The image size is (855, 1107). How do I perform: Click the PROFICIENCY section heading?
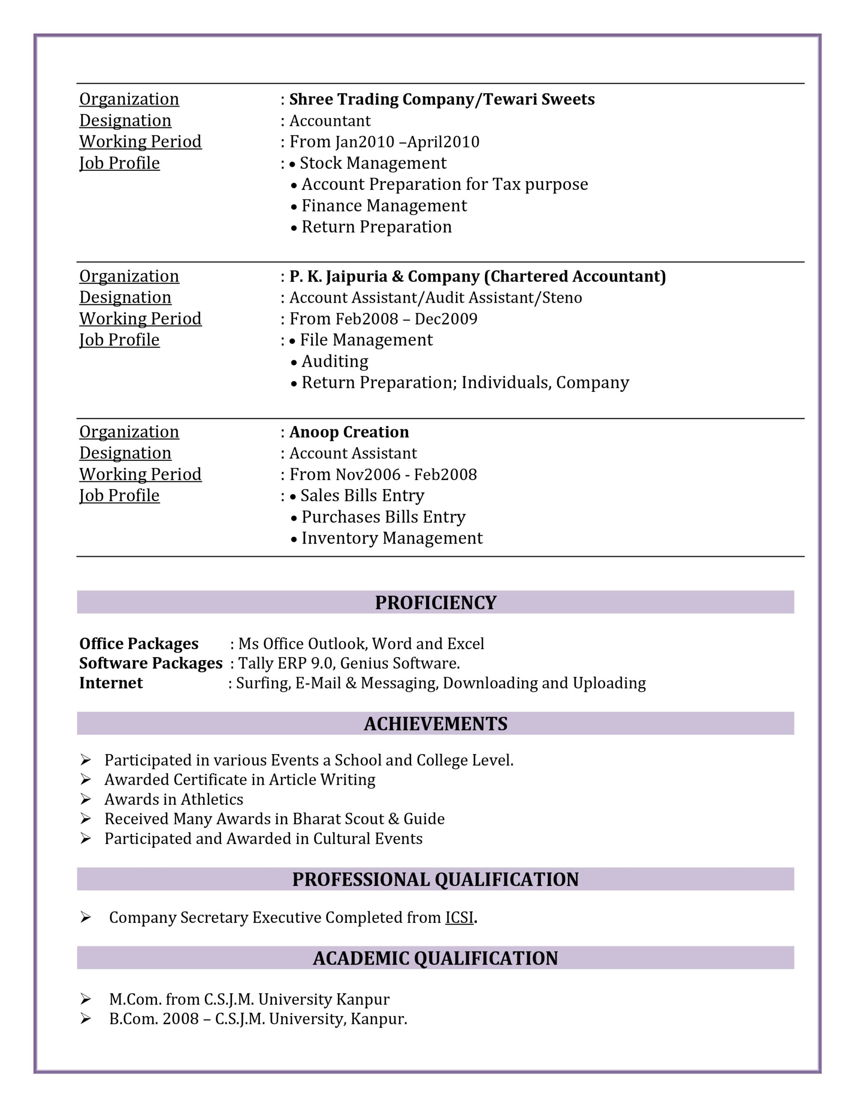click(435, 602)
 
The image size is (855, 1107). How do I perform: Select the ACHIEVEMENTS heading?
click(435, 723)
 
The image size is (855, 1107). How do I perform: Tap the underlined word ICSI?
click(459, 918)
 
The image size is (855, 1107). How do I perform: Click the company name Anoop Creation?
click(349, 432)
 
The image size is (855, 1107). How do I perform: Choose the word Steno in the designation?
click(561, 298)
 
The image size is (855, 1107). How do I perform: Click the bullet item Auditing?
click(335, 362)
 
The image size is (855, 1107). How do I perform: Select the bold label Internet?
click(111, 683)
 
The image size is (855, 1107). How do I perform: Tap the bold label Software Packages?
click(150, 663)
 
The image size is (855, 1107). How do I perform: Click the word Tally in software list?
click(256, 663)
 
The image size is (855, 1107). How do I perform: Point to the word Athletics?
click(212, 799)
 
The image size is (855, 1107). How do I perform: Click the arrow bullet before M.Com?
click(86, 999)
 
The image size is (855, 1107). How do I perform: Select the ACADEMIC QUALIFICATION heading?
click(435, 958)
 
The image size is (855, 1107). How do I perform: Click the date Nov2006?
click(368, 474)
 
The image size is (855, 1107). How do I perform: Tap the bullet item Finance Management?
click(384, 206)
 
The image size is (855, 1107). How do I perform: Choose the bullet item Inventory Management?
click(392, 538)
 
